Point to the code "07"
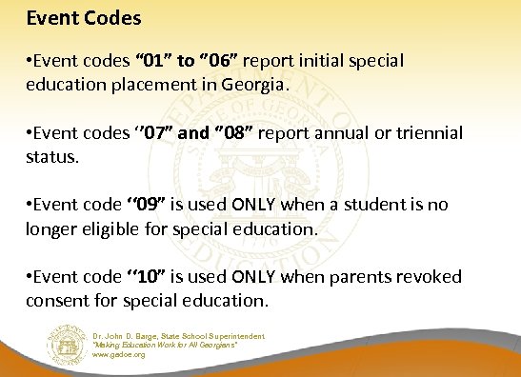(x=153, y=133)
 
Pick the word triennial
(x=422, y=133)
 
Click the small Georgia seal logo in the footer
(x=66, y=343)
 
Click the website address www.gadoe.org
(x=120, y=354)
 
